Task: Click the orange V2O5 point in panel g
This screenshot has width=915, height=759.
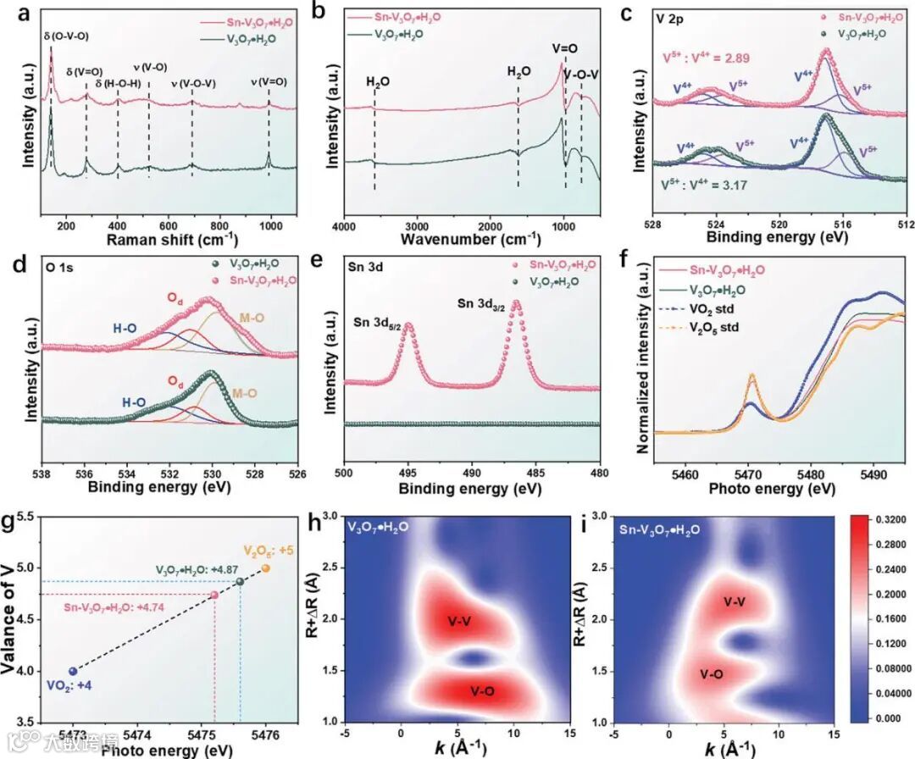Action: point(266,568)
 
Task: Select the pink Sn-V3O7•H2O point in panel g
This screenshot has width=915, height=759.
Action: point(214,596)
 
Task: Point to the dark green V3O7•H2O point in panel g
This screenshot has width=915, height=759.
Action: point(240,581)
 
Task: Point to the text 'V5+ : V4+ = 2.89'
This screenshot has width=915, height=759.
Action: point(707,58)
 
